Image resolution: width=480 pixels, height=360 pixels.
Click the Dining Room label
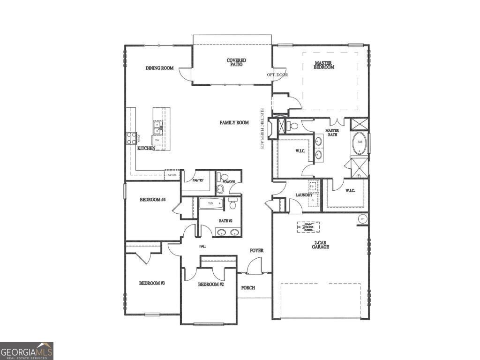pyautogui.click(x=159, y=68)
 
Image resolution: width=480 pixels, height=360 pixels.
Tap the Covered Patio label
pyautogui.click(x=236, y=62)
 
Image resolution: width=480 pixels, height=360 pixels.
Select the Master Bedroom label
pyautogui.click(x=324, y=65)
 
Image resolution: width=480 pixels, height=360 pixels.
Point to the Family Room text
pyautogui.click(x=234, y=123)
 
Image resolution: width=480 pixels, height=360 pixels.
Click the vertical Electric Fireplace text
pyautogui.click(x=263, y=129)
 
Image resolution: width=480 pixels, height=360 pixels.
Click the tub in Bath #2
pyautogui.click(x=210, y=203)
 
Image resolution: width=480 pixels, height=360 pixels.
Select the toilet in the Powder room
pyautogui.click(x=220, y=189)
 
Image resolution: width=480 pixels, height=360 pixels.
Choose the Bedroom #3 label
pyautogui.click(x=151, y=283)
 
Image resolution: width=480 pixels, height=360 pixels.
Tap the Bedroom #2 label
pyautogui.click(x=210, y=285)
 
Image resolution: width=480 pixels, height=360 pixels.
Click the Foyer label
pyautogui.click(x=256, y=251)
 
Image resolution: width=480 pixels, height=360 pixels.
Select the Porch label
pyautogui.click(x=248, y=287)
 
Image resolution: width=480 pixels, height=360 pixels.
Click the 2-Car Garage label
pyautogui.click(x=321, y=244)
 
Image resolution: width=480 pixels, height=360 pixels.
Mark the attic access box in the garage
pyautogui.click(x=308, y=227)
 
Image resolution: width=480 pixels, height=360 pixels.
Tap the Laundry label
pyautogui.click(x=304, y=195)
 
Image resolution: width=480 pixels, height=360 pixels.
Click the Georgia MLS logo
pyautogui.click(x=27, y=351)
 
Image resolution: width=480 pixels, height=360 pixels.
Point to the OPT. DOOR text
pyautogui.click(x=277, y=75)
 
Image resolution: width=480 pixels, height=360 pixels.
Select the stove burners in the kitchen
pyautogui.click(x=131, y=138)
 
